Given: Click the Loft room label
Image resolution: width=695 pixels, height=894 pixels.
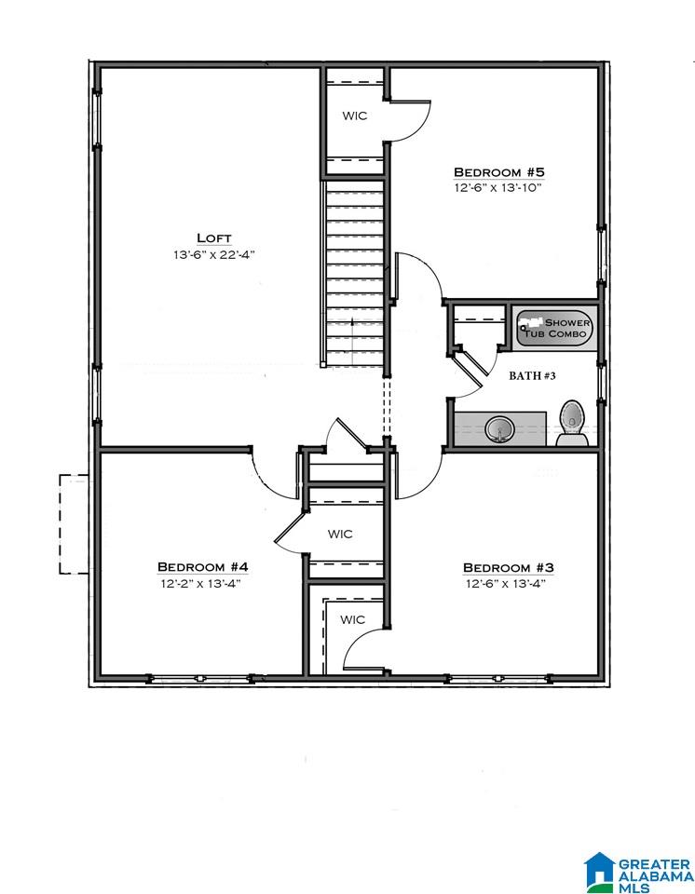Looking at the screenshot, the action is [x=214, y=237].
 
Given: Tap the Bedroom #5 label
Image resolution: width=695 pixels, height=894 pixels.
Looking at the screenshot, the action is [x=498, y=171].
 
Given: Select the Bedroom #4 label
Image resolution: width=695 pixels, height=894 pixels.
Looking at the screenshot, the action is [x=202, y=567].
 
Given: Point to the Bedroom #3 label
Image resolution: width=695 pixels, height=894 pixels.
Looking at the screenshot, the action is [x=508, y=568].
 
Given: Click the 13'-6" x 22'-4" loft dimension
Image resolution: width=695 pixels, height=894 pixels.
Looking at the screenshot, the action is [x=213, y=254].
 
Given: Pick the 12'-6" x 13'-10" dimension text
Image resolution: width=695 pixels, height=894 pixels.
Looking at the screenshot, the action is [x=497, y=187].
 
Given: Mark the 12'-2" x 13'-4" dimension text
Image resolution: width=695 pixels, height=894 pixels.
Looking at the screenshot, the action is [x=201, y=583].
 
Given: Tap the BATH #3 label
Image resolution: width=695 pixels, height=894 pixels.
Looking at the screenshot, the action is [x=532, y=375].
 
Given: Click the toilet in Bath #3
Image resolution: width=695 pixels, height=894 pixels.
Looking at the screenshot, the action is [x=572, y=423].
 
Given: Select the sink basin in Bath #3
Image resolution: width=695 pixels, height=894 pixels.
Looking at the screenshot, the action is [x=500, y=428].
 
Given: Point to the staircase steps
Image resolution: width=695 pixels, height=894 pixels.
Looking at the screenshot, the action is [x=354, y=273].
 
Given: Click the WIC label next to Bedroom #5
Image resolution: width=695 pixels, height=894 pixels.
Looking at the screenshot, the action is [x=354, y=115].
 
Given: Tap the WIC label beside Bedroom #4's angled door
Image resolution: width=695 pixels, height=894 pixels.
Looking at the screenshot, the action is [x=340, y=535].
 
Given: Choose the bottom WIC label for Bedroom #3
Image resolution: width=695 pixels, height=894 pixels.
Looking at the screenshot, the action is [x=352, y=619].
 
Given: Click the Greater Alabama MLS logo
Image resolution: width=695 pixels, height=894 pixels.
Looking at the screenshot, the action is [x=638, y=872].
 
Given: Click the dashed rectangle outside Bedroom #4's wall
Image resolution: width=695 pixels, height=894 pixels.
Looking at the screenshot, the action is [x=75, y=524].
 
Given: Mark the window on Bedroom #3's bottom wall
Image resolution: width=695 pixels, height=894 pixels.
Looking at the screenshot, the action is [x=499, y=679].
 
